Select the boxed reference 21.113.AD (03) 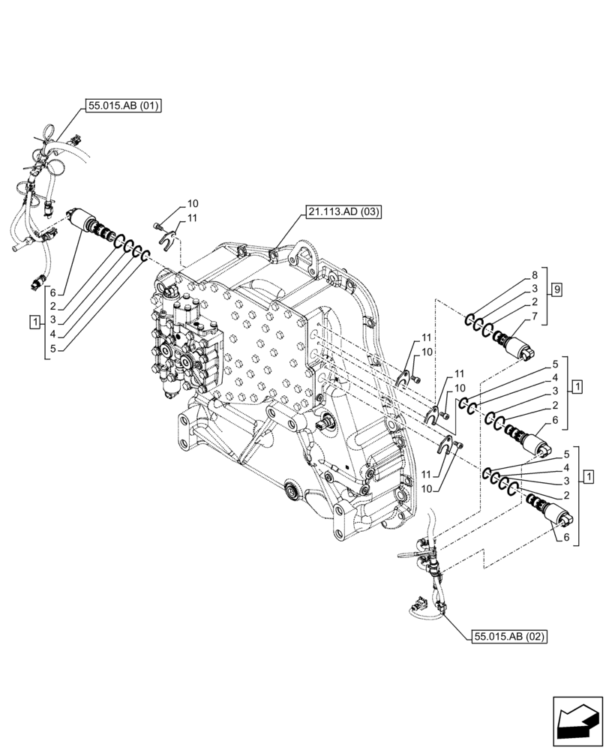(x=343, y=212)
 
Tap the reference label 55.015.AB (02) (x=509, y=637)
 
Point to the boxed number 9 (x=556, y=288)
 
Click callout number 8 (x=534, y=275)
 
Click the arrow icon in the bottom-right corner (x=577, y=721)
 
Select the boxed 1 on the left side (x=34, y=322)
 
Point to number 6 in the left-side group (x=53, y=292)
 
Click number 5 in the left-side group (x=53, y=348)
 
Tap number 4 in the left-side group (x=53, y=334)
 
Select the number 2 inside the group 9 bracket (x=534, y=301)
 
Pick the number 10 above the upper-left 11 (x=193, y=203)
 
